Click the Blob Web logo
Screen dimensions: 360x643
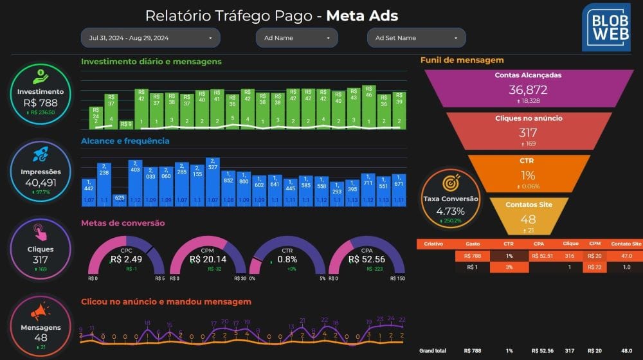point(606,27)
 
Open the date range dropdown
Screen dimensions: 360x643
point(150,38)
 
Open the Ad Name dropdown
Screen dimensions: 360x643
point(296,38)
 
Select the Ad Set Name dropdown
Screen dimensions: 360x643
point(416,38)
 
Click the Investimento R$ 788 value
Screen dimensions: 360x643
point(41,102)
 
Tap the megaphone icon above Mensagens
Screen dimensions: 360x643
point(41,312)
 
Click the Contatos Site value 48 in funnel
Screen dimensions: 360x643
point(528,219)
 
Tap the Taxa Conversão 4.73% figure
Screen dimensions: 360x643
point(450,211)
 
